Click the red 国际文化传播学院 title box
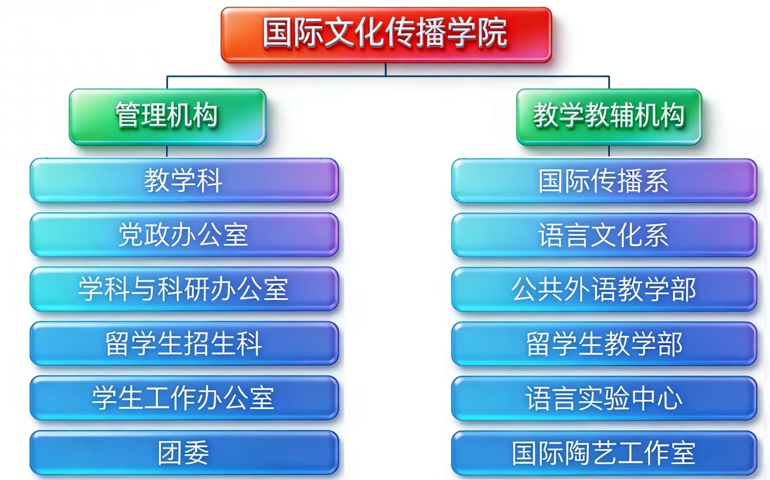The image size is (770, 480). pos(386,35)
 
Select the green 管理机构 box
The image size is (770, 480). pos(167,116)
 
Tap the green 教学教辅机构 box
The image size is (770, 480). pos(609,116)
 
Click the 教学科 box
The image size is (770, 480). pos(184,180)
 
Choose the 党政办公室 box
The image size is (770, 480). pos(184,235)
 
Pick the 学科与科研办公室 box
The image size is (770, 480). pos(184,289)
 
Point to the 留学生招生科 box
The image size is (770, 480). pos(184,343)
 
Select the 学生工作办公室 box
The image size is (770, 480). pos(184,398)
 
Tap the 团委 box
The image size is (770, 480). pos(184,453)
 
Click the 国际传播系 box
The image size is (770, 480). pos(604,181)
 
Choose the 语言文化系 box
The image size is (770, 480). pos(604,235)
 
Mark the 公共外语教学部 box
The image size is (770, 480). pos(604,289)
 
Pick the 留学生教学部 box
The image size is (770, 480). pos(604,344)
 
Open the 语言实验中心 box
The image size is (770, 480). pos(604,398)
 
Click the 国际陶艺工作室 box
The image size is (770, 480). pos(604,453)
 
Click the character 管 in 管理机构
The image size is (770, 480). pos(128,115)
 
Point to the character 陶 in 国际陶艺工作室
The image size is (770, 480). pos(577,453)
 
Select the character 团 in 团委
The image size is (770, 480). pos(170,453)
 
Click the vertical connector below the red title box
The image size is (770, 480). pos(386,69)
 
